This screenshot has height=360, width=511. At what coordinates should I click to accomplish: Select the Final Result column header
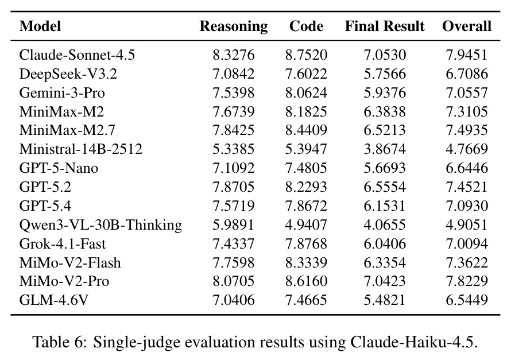(385, 26)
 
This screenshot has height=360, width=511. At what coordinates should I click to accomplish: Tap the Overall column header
(467, 26)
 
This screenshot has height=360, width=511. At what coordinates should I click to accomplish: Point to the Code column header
(307, 26)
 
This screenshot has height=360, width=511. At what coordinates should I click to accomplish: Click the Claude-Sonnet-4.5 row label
(77, 55)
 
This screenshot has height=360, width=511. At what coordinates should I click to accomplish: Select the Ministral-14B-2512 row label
(81, 149)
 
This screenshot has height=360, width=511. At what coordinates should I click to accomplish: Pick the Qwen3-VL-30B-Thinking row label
(100, 225)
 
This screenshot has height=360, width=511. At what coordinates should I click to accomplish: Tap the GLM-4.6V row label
(54, 300)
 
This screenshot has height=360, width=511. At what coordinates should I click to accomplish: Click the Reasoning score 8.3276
(234, 55)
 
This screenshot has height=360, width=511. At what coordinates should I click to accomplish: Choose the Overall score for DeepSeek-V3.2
(467, 73)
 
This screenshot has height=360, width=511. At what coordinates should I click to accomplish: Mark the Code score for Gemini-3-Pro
(307, 92)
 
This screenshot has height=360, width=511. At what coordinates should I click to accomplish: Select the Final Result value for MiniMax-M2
(385, 111)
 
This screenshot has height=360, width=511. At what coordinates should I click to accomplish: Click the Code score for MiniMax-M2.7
(307, 130)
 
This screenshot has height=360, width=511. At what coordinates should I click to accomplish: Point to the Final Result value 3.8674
(385, 149)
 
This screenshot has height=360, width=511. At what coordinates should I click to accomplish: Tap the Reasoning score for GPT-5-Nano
(234, 168)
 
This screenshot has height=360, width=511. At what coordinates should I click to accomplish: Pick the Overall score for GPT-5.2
(467, 187)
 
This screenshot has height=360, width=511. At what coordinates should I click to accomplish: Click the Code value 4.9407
(307, 224)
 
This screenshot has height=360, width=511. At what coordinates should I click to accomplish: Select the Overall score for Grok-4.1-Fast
(467, 243)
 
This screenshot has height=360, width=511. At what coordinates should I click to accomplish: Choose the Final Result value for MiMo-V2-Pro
(385, 281)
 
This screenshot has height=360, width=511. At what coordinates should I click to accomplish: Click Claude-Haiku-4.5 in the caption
(414, 342)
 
